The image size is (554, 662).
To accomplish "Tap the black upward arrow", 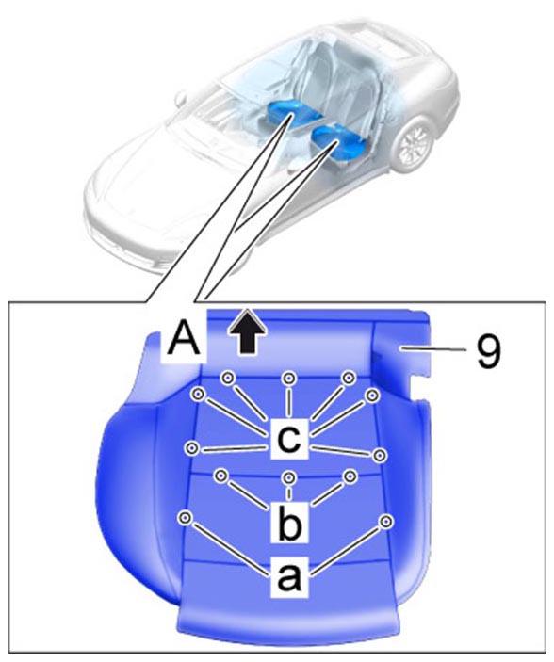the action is pos(247,331).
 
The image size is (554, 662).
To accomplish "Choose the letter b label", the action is pos(289,521).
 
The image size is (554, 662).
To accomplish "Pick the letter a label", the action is pos(289,576).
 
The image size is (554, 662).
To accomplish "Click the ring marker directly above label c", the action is pos(289,379).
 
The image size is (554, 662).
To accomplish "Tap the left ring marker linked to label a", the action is pos(186,518).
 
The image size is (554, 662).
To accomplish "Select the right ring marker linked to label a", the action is pos(385,522).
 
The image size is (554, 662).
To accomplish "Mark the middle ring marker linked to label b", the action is pos(289,478).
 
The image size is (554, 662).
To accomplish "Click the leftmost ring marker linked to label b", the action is pos(219,476).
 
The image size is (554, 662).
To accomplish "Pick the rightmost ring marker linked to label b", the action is pos(349,477).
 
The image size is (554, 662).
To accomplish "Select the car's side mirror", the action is pos(181,98).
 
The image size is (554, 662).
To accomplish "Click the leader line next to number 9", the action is pos(433,348).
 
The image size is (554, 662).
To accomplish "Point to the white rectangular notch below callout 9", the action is pos(419,388).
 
